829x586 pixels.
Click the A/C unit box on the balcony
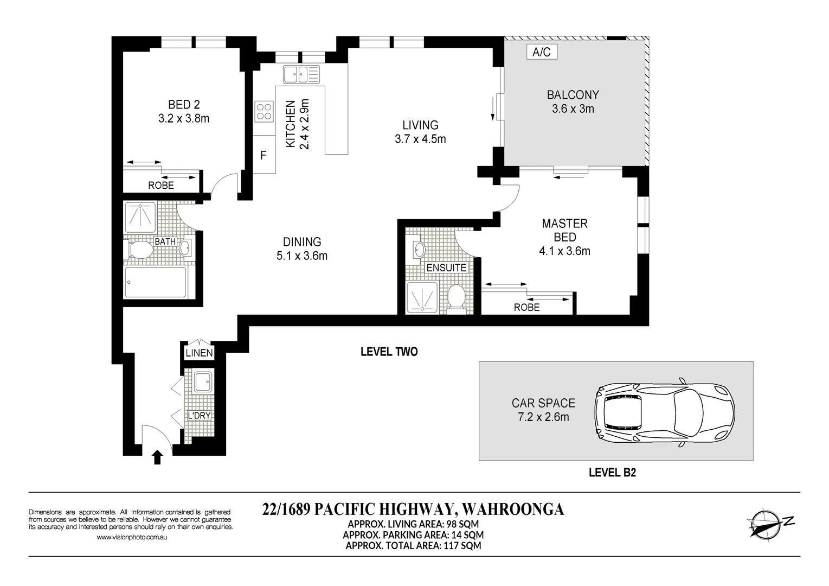click(542, 52)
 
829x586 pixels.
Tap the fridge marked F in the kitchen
click(264, 154)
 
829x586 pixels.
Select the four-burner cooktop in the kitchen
click(264, 111)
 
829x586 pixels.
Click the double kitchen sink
click(301, 74)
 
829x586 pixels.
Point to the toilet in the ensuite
click(457, 298)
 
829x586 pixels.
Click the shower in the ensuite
click(422, 297)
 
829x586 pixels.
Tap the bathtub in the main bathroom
click(156, 282)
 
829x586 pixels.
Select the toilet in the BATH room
click(139, 250)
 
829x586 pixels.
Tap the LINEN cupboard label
click(199, 353)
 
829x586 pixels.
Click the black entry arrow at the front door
click(157, 457)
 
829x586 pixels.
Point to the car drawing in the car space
click(665, 412)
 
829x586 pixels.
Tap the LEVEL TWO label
click(389, 352)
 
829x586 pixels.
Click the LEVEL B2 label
click(613, 472)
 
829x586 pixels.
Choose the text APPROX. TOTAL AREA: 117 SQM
click(413, 546)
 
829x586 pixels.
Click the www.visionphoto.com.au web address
click(132, 537)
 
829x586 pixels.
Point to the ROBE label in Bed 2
click(161, 185)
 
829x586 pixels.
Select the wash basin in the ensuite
click(419, 249)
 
